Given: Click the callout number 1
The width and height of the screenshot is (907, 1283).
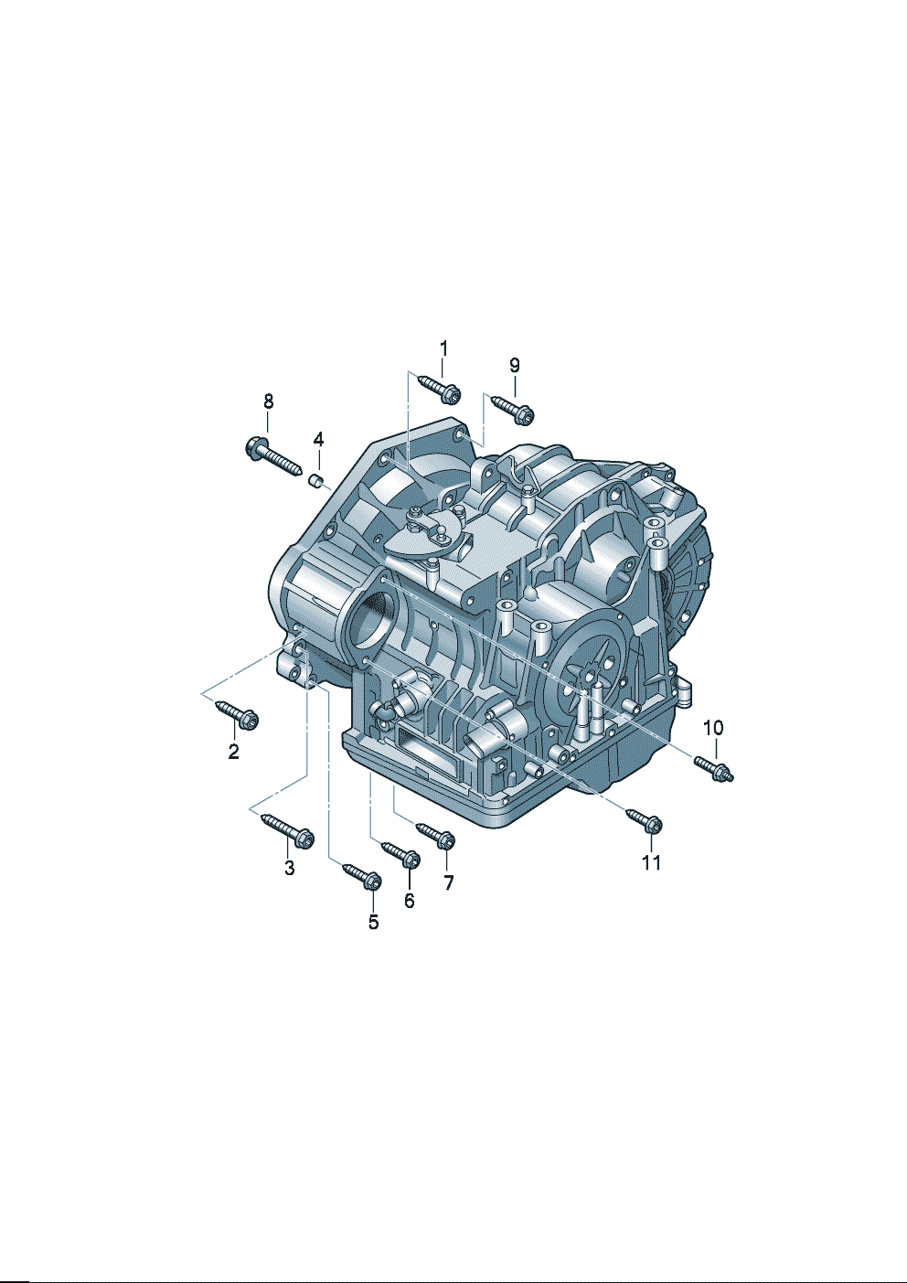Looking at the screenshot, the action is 443,348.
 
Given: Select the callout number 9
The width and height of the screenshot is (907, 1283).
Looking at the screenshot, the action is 514,365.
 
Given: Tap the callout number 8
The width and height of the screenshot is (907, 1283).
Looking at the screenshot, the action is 268,401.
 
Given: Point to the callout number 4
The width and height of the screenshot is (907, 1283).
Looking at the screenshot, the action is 318,440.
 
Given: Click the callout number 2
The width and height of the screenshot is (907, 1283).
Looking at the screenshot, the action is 233,751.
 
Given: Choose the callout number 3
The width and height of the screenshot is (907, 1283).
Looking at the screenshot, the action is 290,868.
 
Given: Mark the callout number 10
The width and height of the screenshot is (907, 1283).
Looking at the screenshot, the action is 713,728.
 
